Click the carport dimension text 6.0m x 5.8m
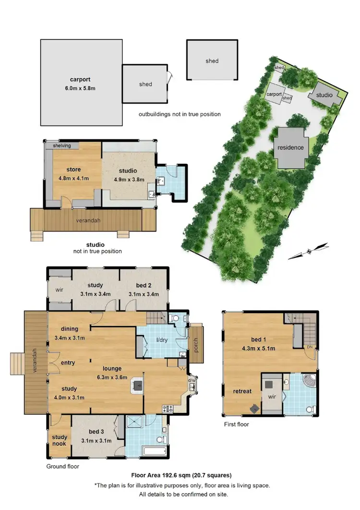point(80,88)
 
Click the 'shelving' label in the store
point(61,146)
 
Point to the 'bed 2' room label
point(144,285)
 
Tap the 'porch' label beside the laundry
point(196,344)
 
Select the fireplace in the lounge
point(138,384)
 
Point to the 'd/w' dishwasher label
point(192,381)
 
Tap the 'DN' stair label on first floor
point(310,347)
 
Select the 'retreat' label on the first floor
point(242,391)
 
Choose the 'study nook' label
point(60,440)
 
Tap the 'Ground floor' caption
point(63,466)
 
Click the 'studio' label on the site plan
point(324,95)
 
